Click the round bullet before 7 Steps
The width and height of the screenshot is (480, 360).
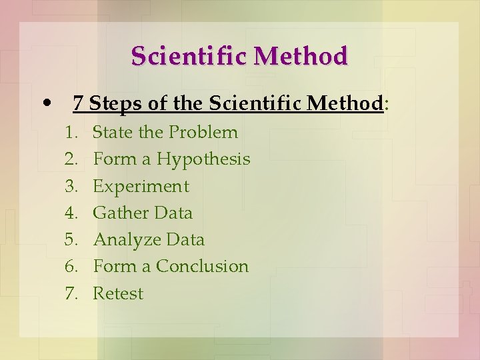point(45,103)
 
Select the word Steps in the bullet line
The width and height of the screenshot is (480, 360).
point(112,103)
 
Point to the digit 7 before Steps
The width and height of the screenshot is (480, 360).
point(78,103)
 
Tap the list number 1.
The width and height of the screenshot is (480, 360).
point(71,132)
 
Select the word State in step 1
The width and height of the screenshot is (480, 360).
point(111,132)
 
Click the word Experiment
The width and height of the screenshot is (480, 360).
point(141,186)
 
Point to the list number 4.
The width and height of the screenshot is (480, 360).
point(71,213)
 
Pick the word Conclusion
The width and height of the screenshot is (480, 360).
point(202,266)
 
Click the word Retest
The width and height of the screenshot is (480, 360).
point(117,293)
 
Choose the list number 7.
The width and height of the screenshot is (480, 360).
point(71,293)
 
